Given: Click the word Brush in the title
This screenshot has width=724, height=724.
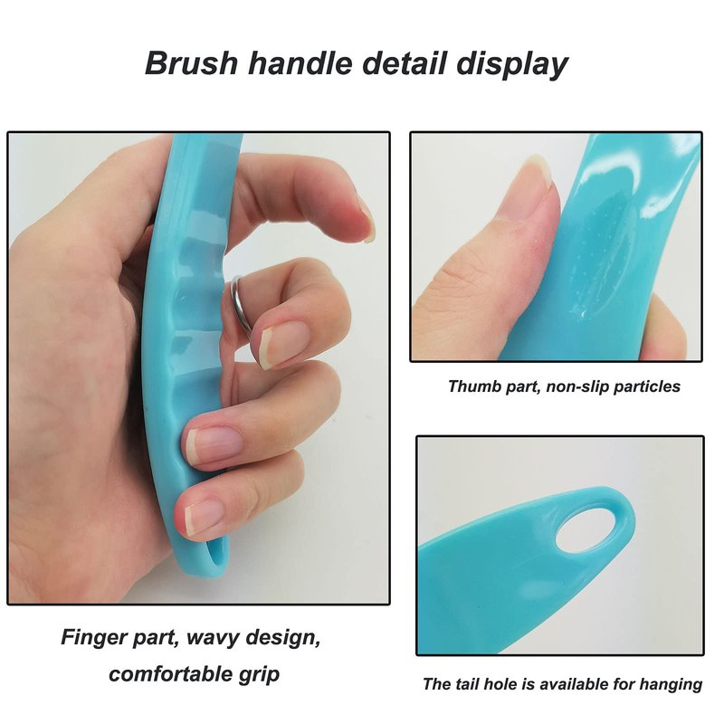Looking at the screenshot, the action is click(191, 62).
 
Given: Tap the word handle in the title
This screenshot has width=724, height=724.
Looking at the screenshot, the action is click(300, 62).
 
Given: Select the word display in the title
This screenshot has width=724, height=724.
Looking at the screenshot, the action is click(512, 64).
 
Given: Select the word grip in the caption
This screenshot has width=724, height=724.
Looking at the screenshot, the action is click(260, 675).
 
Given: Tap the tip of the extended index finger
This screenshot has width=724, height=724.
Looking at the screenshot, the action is click(368, 224).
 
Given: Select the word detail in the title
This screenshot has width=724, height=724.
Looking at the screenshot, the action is click(405, 62).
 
